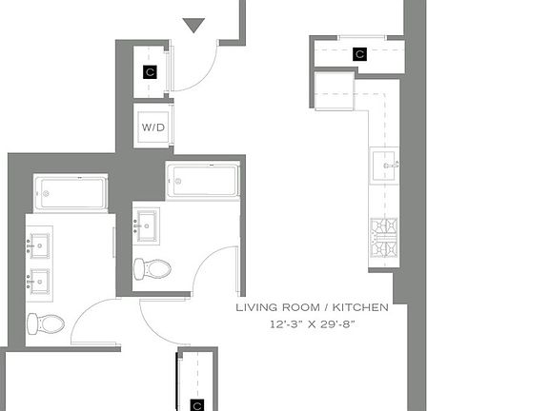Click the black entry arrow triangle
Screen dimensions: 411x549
point(193,25)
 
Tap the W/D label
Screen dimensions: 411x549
point(152,127)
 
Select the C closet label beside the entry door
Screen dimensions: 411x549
point(150,71)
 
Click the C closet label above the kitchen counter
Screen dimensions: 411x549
point(359,54)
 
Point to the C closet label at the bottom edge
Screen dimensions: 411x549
point(196,405)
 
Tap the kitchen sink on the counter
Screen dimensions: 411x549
point(384,166)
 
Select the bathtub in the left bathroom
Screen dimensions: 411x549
point(71,194)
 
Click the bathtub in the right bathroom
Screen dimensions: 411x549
point(203,181)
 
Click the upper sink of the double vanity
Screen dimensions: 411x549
point(38,245)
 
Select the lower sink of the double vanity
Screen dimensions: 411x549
point(38,283)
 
